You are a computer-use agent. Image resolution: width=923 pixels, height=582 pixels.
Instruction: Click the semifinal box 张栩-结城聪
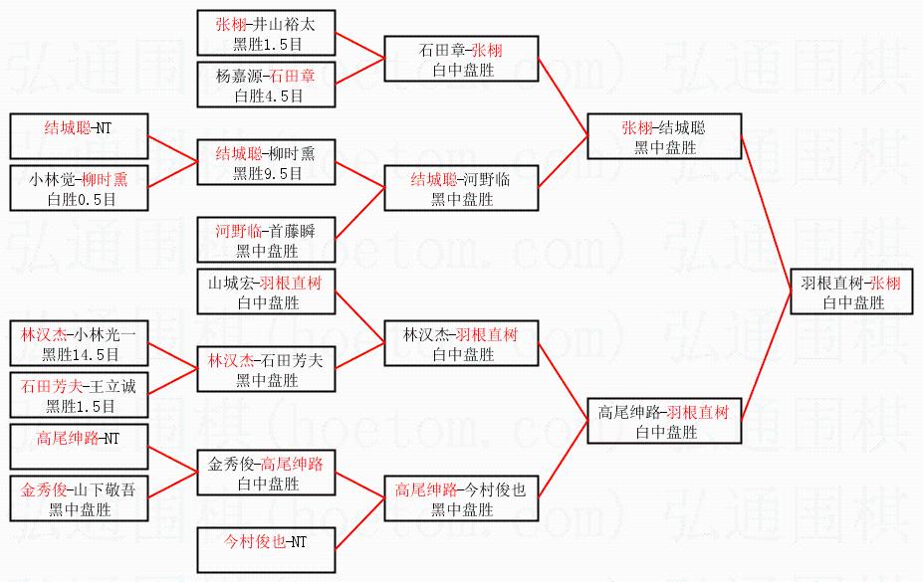click(x=663, y=136)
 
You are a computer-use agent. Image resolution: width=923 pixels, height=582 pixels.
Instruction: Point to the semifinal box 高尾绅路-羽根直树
click(x=663, y=421)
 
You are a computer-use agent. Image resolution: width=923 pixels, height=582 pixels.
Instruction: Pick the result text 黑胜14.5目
click(x=80, y=353)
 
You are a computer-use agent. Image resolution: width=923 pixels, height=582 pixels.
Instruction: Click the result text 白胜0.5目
click(x=80, y=199)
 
